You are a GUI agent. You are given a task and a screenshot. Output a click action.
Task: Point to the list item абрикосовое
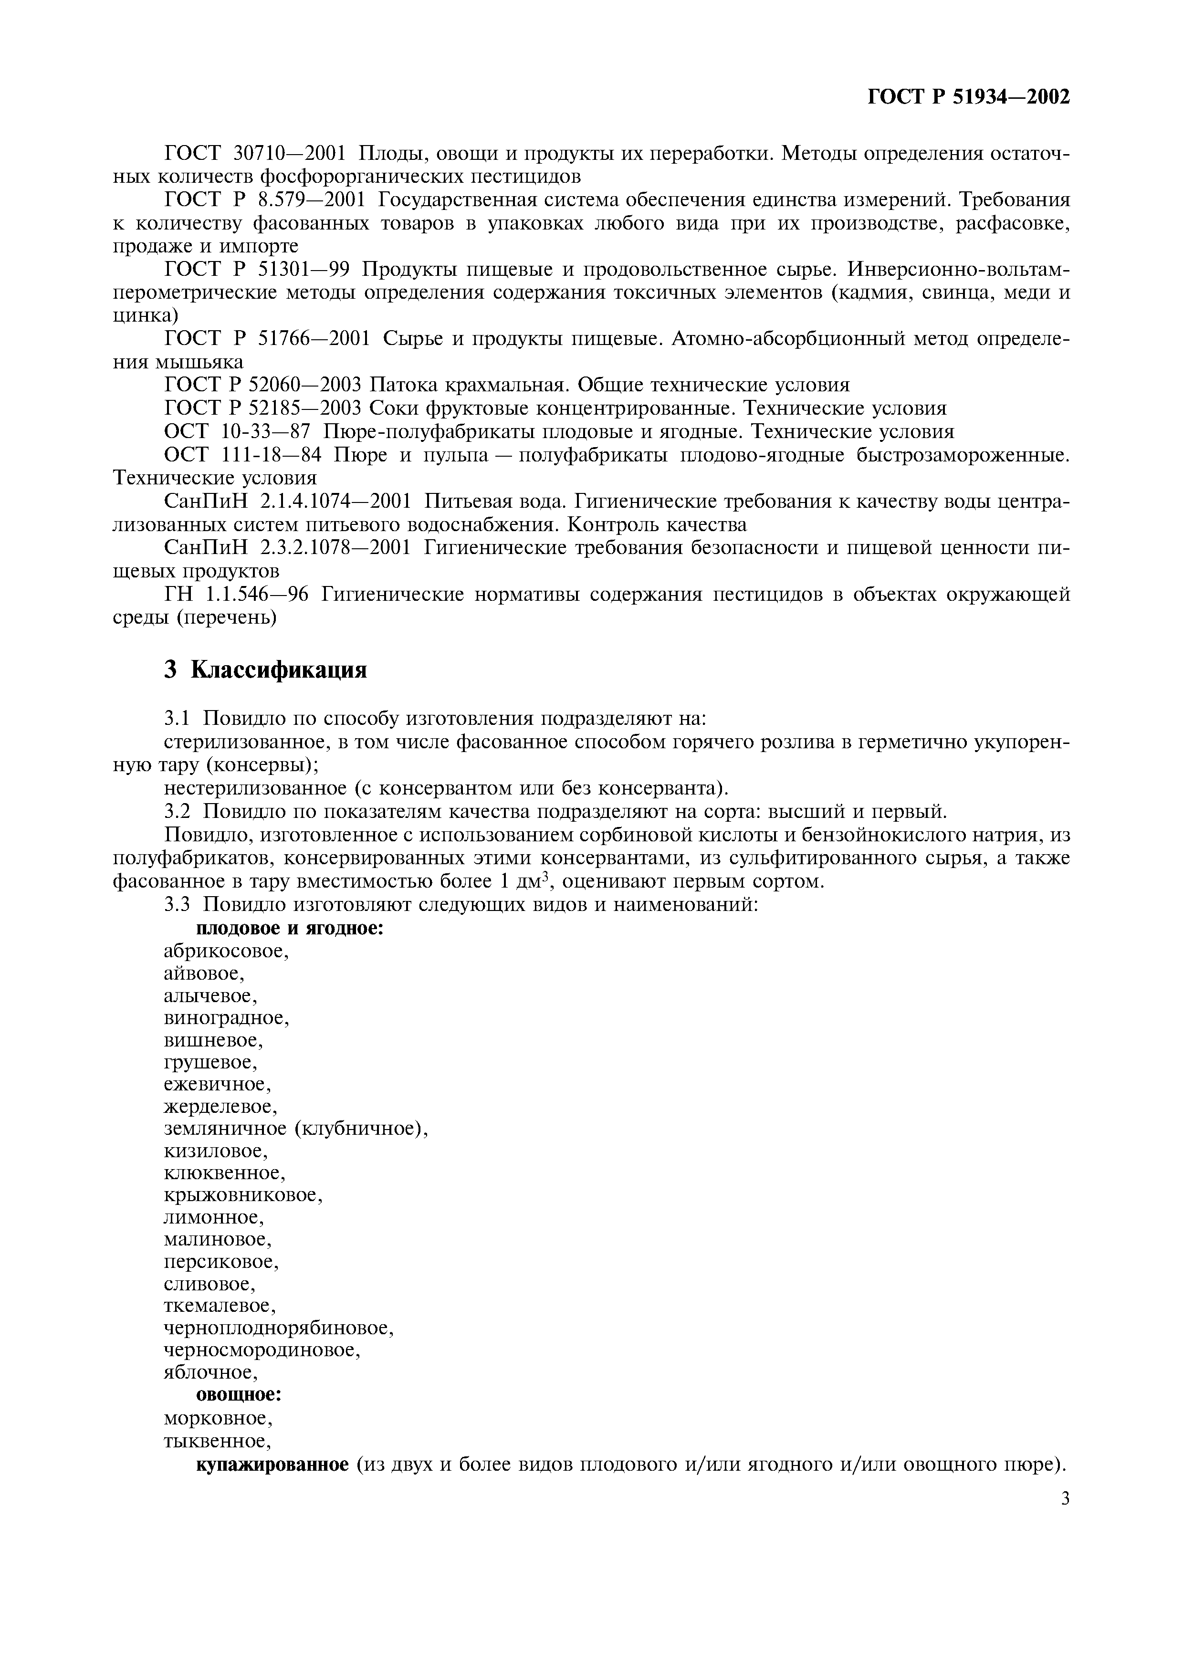pyautogui.click(x=226, y=951)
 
